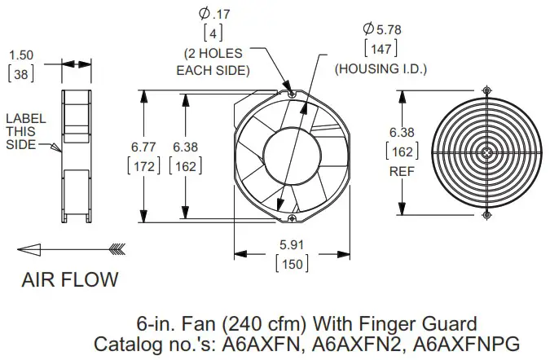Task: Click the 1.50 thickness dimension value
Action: (x=20, y=55)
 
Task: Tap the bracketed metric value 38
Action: (x=20, y=72)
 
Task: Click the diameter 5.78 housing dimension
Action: (x=376, y=30)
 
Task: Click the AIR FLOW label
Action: (x=69, y=279)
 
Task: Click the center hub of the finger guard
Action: (x=486, y=151)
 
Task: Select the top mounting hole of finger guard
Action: (x=486, y=89)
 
